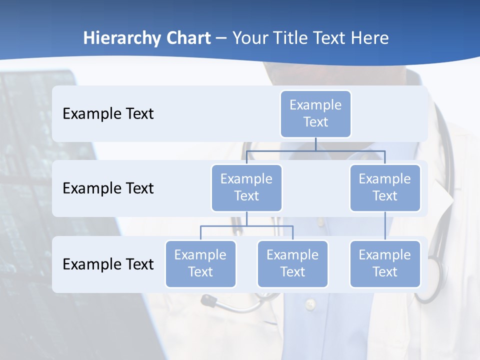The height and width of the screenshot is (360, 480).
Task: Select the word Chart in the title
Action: [x=188, y=38]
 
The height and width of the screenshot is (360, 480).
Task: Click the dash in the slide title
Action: [x=221, y=38]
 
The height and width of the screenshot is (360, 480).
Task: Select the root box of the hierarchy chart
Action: [x=315, y=113]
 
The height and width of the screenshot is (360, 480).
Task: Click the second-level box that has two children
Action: [x=246, y=187]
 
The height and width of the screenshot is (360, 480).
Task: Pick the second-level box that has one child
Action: [x=385, y=187]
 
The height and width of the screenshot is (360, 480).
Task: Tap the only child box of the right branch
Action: [x=385, y=263]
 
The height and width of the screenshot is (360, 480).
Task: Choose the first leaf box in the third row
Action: [x=200, y=263]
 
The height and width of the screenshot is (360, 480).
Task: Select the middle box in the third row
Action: [x=292, y=263]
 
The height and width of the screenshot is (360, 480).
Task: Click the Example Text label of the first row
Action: [x=108, y=113]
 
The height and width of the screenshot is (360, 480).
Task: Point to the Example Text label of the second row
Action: [x=108, y=188]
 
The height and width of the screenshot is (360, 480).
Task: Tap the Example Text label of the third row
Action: [x=108, y=264]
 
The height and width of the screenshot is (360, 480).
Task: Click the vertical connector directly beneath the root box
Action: [x=315, y=144]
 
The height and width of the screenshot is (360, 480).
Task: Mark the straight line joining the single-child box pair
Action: [x=385, y=226]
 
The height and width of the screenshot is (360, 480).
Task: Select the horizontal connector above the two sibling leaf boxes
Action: [x=246, y=226]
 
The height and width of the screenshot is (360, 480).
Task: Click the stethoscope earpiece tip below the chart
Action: [x=206, y=300]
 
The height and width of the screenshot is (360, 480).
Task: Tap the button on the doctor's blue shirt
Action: [x=310, y=303]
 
